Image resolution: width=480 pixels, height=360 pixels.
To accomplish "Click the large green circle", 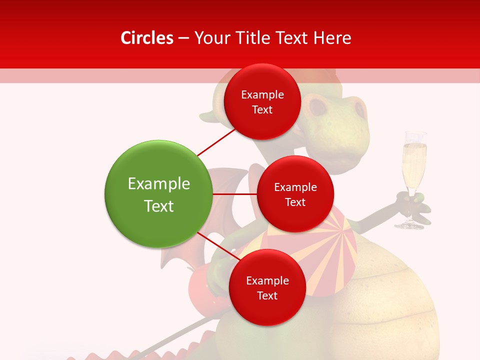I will point(158,194).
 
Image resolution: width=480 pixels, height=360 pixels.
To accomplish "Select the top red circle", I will point(262,101).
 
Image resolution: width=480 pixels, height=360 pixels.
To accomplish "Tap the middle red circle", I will point(295,194).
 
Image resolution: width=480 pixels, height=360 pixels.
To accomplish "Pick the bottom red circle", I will point(267,287).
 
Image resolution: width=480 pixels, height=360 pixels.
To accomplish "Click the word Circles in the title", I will point(147,38).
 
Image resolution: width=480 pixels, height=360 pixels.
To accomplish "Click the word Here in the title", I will point(332,38).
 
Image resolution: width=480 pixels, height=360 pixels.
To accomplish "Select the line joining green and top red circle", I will point(216,142).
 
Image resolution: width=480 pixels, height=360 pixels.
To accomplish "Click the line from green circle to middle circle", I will point(234,194).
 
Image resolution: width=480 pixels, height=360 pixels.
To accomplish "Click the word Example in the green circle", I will point(158,184).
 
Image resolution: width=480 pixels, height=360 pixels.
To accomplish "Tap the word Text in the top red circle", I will point(262,109).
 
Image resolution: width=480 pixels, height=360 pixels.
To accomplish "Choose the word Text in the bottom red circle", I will point(267,295).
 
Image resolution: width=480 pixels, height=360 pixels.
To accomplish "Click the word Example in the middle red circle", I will point(295,187).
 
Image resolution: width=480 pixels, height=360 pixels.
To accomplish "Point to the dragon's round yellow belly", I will point(380,300).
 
